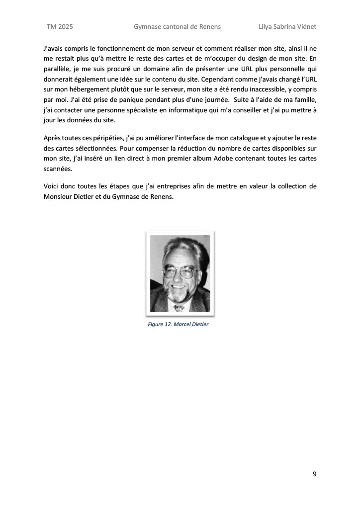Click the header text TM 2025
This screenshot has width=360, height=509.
(x=60, y=26)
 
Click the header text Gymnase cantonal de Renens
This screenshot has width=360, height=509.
(x=177, y=26)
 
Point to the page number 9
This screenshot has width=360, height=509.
(x=314, y=473)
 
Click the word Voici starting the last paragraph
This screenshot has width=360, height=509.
(x=52, y=186)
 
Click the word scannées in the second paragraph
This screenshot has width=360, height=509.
(x=57, y=169)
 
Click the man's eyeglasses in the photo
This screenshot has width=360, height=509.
(x=179, y=272)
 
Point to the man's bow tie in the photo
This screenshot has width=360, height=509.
(x=180, y=308)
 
